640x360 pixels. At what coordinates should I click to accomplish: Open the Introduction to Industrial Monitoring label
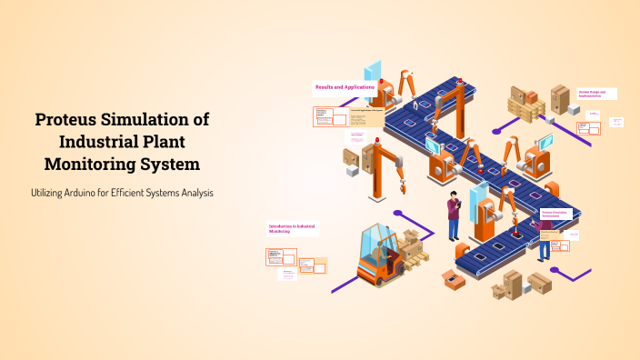(292, 229)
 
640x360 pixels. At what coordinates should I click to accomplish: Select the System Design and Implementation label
(597, 93)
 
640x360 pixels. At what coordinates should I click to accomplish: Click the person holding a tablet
(454, 216)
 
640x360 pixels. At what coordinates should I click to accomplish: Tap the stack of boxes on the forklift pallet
(412, 244)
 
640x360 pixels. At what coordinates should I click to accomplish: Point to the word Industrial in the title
(101, 142)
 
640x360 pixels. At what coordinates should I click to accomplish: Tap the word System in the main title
(167, 165)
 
